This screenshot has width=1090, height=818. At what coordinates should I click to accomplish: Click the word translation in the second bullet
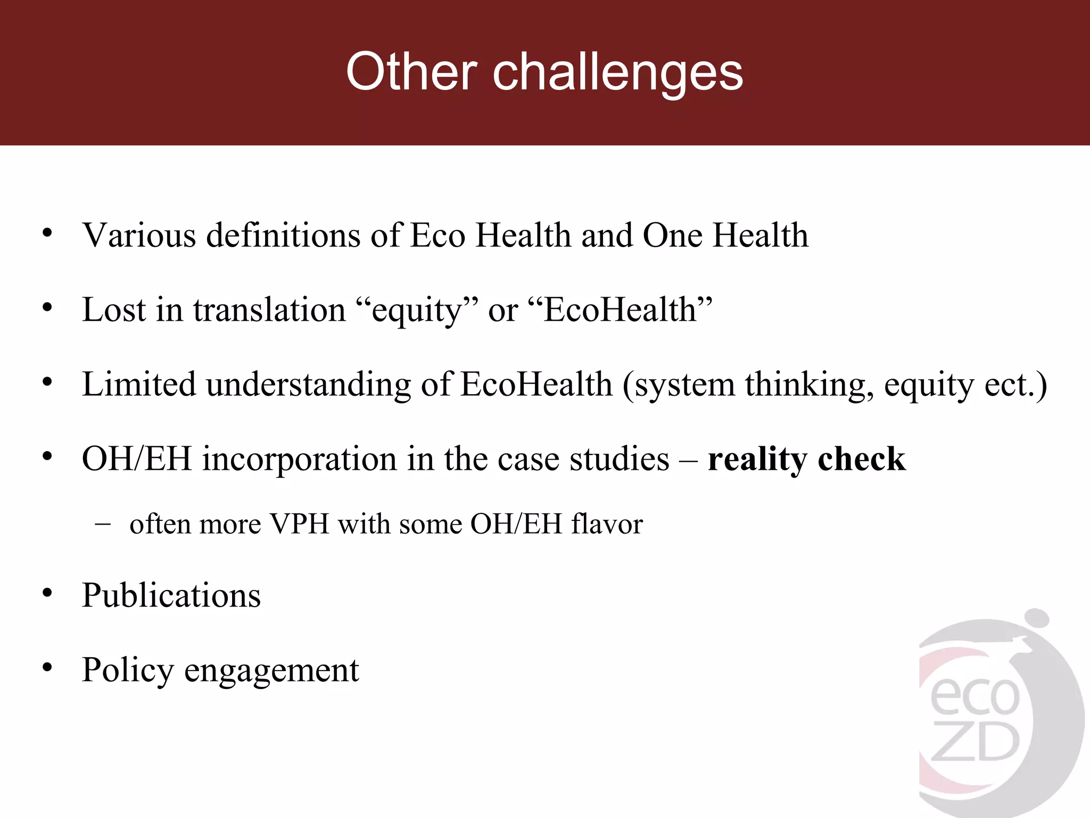point(269,309)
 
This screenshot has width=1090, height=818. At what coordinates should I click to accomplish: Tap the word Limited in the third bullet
point(139,384)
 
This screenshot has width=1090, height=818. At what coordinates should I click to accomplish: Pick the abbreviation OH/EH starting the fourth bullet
point(137,459)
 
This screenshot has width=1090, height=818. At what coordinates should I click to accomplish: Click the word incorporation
point(299,460)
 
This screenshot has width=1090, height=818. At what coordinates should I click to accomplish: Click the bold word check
point(861,459)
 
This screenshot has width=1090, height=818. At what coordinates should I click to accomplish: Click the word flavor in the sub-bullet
point(607,523)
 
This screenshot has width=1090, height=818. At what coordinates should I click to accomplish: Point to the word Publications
point(171,595)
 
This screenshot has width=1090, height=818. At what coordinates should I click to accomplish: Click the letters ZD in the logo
point(975,743)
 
